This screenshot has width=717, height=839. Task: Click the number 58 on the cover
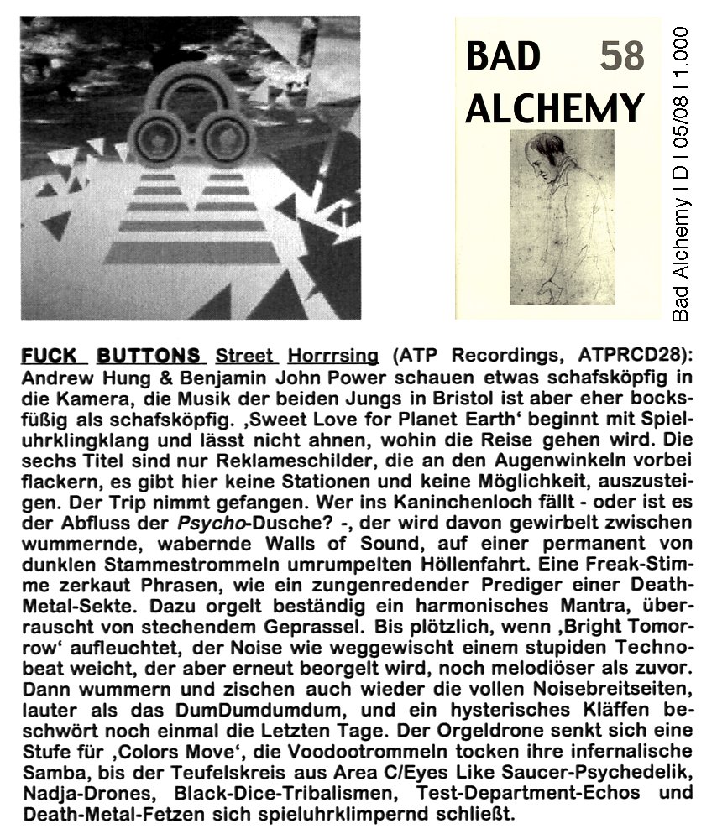622,56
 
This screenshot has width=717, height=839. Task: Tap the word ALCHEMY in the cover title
554,108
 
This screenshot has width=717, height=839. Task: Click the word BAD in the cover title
503,56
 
